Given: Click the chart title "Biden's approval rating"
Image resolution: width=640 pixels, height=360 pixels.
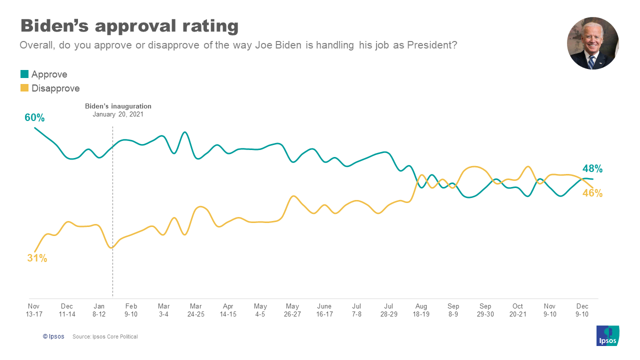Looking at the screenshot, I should tap(129, 25).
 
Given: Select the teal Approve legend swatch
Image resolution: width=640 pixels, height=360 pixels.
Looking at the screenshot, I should tap(24, 74).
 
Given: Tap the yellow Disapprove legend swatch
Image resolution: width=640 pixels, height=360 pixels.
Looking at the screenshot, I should tap(24, 88).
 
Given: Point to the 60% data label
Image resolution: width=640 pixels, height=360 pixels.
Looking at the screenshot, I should tap(34, 118).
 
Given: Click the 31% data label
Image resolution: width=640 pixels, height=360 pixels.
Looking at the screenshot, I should tap(37, 258).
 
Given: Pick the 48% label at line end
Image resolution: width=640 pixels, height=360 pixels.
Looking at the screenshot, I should tap(592, 168).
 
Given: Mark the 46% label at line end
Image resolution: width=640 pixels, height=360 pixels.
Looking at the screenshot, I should tap(592, 193).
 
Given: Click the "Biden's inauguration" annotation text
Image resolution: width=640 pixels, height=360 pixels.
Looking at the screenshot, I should tap(118, 106).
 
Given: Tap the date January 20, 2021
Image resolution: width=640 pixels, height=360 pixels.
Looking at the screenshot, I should tap(118, 114).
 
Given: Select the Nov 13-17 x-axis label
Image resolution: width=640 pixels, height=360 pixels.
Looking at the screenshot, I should tap(33, 310).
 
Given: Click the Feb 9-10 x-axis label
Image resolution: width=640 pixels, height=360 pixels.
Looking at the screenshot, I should tap(131, 310).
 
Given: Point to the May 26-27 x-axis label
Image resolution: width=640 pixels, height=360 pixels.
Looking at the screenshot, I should tap(292, 310).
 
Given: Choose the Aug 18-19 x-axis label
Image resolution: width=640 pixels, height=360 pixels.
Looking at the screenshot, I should tap(421, 310).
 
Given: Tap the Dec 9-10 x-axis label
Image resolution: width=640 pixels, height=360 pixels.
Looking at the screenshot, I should tap(582, 310).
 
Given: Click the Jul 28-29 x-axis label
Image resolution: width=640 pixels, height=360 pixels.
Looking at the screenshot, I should tap(389, 310).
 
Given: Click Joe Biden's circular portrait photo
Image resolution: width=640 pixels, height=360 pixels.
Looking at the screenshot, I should tap(592, 43).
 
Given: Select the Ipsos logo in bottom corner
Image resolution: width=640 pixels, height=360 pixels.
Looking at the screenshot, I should tap(607, 335).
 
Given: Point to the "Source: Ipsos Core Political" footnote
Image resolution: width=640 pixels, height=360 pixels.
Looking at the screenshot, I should tap(105, 336).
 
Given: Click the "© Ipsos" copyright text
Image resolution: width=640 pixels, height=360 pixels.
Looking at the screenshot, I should tap(53, 336).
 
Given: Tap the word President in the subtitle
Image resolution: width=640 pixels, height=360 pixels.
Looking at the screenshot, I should tap(430, 45).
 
